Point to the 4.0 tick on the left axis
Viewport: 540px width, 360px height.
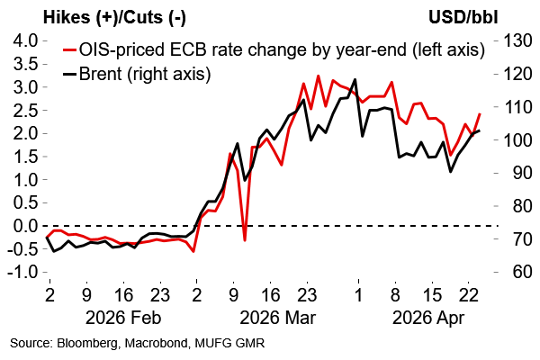click(24, 41)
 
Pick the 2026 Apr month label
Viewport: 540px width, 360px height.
click(420, 316)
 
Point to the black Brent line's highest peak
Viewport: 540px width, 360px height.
click(355, 79)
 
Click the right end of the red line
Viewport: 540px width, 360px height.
click(479, 114)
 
